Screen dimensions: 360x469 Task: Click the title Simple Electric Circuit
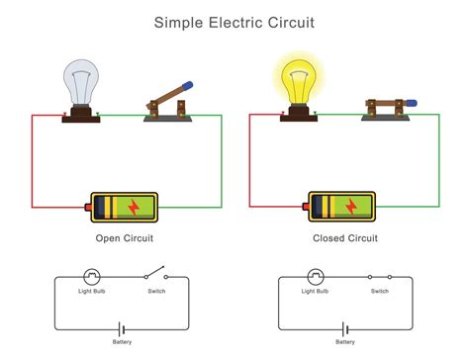(234, 20)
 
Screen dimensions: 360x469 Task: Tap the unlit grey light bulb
(79, 82)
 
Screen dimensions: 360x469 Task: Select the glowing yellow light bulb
(298, 79)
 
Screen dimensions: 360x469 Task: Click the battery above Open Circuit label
(123, 207)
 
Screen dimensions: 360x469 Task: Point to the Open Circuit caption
(124, 238)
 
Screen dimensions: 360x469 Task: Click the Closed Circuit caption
(344, 238)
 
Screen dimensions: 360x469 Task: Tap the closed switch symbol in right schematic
(379, 278)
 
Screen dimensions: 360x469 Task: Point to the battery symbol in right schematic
(344, 328)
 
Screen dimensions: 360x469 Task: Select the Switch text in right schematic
(379, 292)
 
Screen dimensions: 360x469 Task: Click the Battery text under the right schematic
(344, 342)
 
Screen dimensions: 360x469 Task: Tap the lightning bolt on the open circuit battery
(132, 207)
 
